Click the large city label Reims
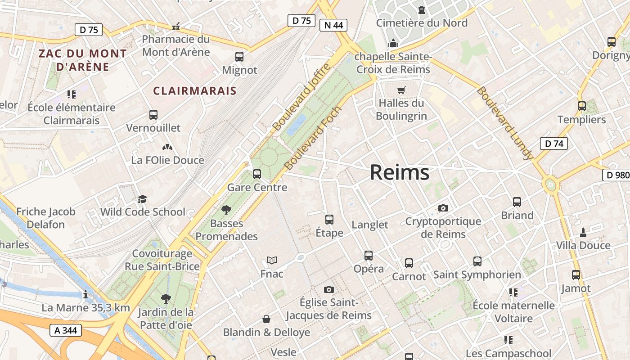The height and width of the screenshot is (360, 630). click(400, 173)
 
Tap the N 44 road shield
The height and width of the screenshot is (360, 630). click(333, 25)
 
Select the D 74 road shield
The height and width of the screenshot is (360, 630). click(553, 144)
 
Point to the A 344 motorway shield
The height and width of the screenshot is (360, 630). click(66, 330)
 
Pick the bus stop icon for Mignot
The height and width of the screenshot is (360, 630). click(239, 57)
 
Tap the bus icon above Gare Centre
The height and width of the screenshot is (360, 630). click(257, 174)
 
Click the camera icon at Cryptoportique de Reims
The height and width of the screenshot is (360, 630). click(443, 208)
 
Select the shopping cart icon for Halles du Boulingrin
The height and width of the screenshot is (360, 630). click(401, 90)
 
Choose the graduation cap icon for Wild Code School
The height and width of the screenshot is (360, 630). click(143, 199)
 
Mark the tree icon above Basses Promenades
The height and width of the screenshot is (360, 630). click(226, 210)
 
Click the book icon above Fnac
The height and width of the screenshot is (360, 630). click(272, 260)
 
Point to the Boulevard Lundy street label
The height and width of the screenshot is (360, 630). click(504, 123)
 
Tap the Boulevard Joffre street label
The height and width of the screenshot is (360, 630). click(301, 97)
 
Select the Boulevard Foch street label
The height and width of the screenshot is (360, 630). click(313, 138)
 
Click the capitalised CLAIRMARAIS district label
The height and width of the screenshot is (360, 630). click(195, 91)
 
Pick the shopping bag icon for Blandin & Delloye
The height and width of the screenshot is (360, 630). click(266, 319)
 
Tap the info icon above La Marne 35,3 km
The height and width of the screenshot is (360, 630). click(85, 295)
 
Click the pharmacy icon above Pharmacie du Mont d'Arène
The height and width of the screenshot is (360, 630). click(176, 27)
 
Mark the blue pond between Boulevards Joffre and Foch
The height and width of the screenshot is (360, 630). click(297, 124)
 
